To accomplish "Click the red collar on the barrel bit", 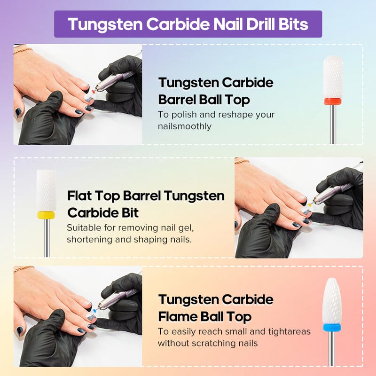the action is coord(333,101).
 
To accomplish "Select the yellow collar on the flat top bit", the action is coord(46,215).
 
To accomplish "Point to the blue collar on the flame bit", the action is coord(332,327).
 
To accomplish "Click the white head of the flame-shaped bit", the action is coord(332,301).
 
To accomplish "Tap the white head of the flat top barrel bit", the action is coord(46,190).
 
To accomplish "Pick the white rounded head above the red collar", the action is coord(333,77).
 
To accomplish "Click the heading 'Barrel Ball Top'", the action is coord(204,100).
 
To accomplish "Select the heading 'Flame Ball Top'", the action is coord(205,317).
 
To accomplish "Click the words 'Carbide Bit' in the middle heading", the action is coord(103,213).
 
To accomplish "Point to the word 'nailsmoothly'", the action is coord(185,126).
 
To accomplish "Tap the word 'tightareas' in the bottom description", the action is coord(290,332).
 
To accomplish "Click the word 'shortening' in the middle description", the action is coord(89,240).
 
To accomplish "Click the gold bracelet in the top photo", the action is coord(23,50).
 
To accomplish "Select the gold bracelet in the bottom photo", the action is coord(24,269).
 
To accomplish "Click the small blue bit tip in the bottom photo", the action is coord(95,310).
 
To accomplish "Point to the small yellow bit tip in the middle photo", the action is coord(310,204).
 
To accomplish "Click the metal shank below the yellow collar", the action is coord(47,238).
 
